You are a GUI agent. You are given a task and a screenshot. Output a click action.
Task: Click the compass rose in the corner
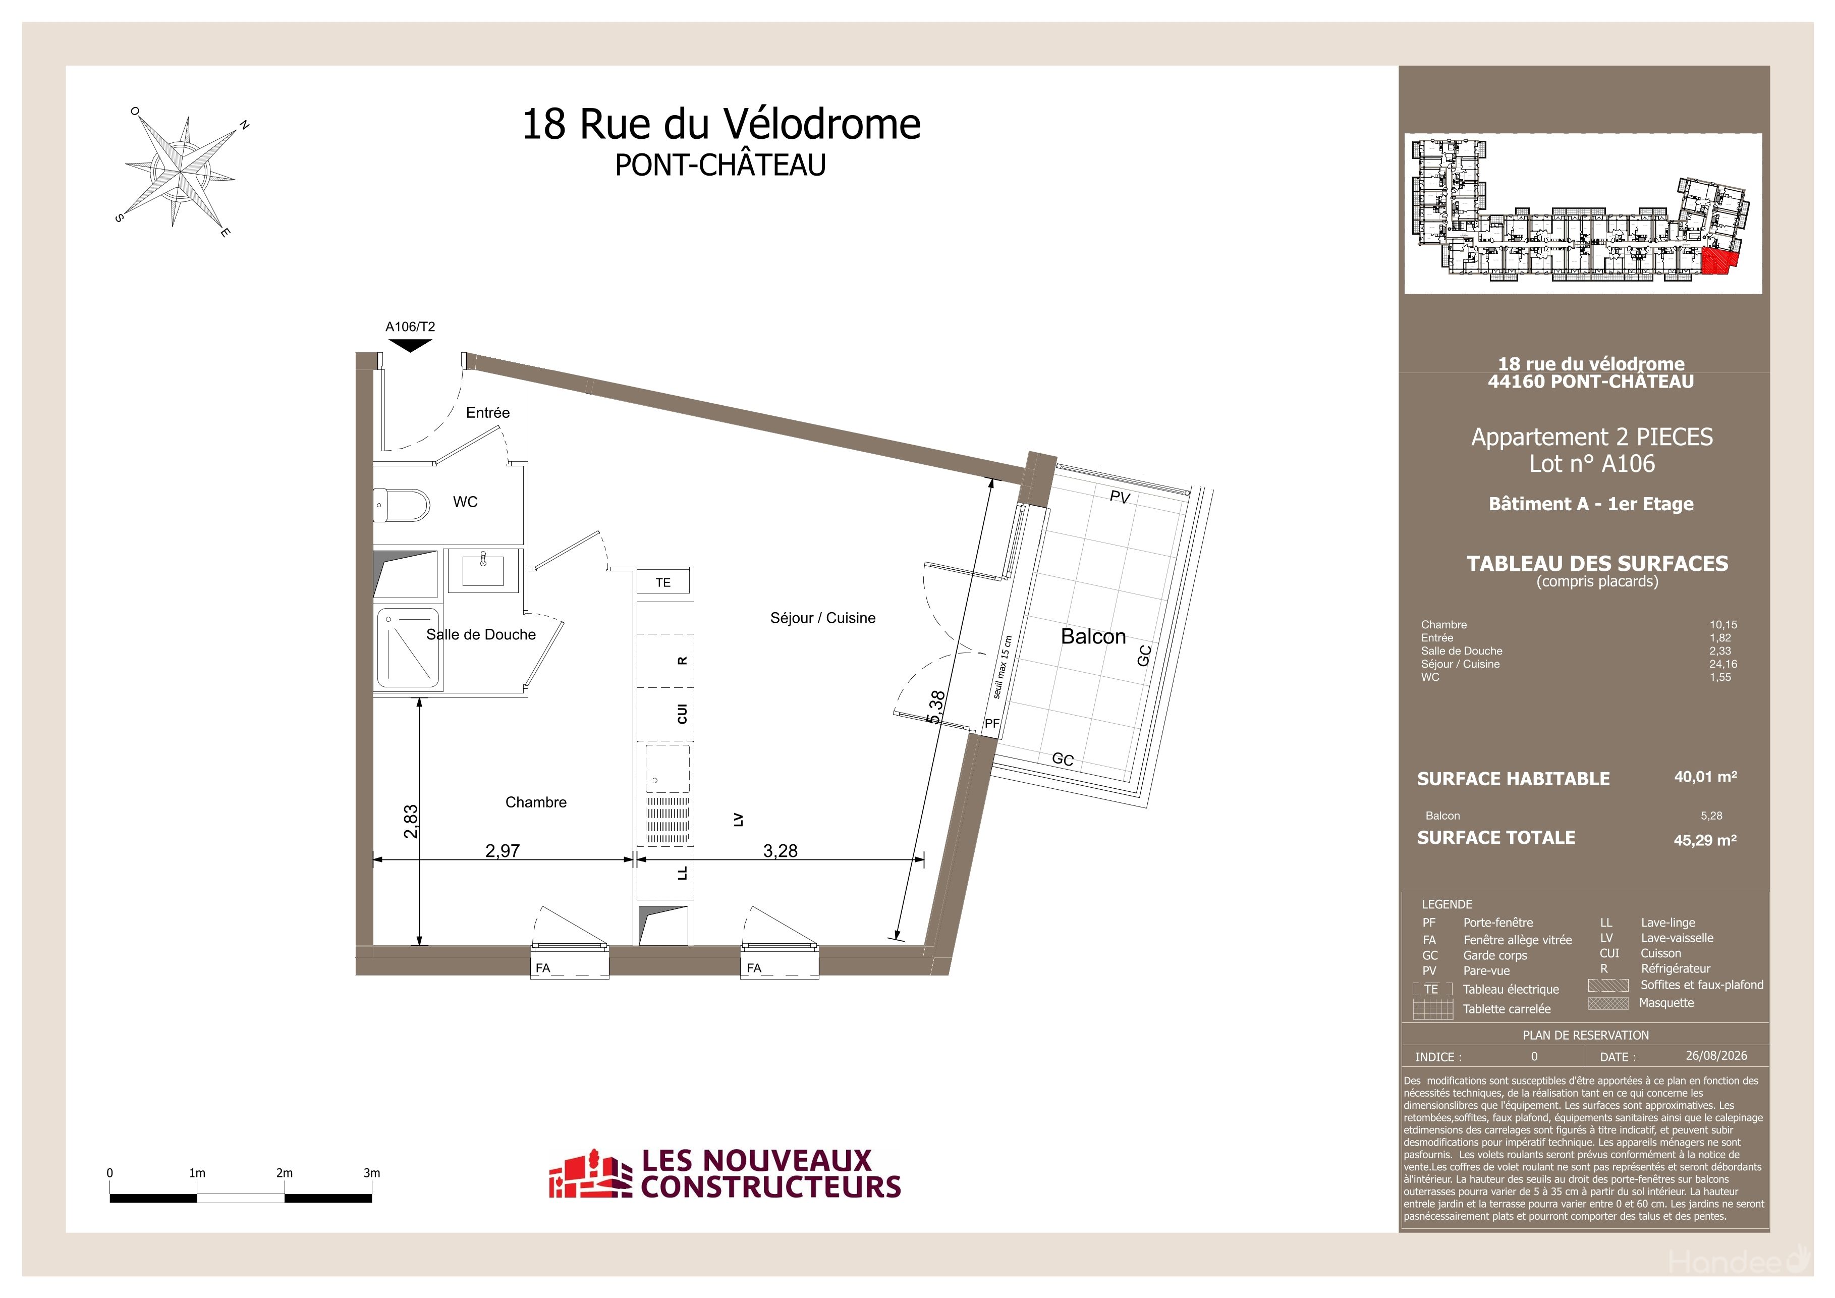[181, 171]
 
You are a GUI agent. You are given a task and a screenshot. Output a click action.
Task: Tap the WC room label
[465, 502]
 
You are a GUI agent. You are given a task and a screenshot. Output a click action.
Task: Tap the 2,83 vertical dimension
[411, 821]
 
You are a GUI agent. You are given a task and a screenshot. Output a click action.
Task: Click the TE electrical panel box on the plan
[664, 583]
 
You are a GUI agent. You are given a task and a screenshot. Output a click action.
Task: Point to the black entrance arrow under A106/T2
[410, 345]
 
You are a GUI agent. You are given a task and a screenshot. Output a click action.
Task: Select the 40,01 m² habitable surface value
[1705, 776]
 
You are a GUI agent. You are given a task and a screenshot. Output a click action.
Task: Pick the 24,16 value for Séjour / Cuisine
[1723, 664]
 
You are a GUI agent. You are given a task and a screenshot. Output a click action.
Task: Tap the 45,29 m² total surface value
[1705, 840]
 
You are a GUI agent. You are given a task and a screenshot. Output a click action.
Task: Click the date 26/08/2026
[1716, 1055]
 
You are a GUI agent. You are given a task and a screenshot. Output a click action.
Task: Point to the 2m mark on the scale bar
[285, 1173]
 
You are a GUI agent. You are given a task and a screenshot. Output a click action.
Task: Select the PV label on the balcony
[1120, 497]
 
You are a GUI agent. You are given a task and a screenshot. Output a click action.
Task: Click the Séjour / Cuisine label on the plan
[822, 618]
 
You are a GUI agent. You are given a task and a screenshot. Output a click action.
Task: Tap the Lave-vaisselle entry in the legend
[1677, 938]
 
